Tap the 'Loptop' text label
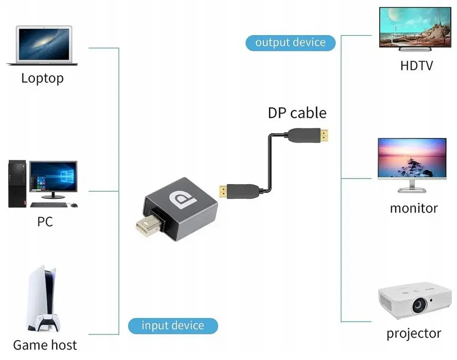coord(42,78)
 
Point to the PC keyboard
coord(49,205)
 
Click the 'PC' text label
coord(45,222)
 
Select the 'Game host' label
coord(45,345)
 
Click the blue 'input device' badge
coord(173,326)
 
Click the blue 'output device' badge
coord(290,42)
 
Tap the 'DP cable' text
coord(297,113)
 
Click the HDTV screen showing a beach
coord(415,27)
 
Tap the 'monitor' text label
coord(413,208)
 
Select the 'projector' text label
coord(413,333)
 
